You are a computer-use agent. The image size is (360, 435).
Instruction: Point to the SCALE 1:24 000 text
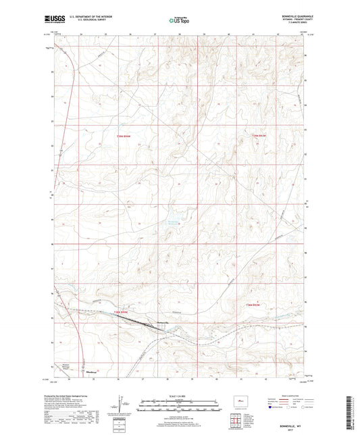click(180, 396)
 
